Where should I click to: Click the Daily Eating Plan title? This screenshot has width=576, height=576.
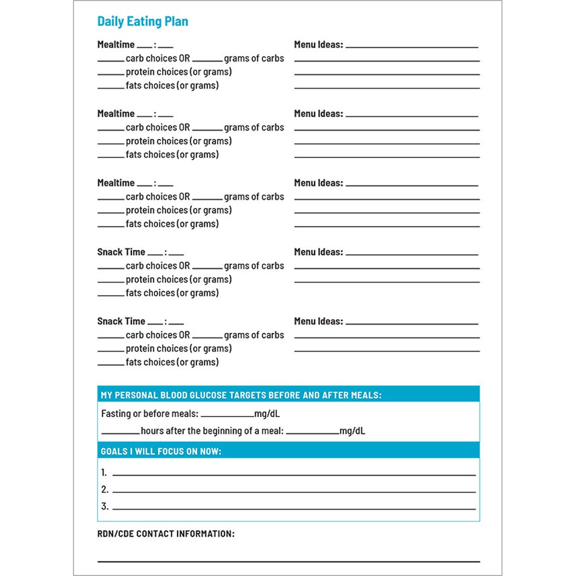pyautogui.click(x=143, y=22)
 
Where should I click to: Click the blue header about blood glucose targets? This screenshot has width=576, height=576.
pyautogui.click(x=241, y=395)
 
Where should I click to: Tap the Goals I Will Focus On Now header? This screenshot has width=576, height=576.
pyautogui.click(x=161, y=451)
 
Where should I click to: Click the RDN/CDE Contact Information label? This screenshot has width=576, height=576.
pyautogui.click(x=166, y=534)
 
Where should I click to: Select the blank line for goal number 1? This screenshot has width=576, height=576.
pyautogui.click(x=293, y=474)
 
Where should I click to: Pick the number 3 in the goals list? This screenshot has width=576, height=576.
pyautogui.click(x=104, y=507)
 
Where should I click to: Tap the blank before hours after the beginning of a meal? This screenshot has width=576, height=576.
pyautogui.click(x=120, y=433)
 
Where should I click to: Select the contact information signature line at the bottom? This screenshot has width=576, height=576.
pyautogui.click(x=288, y=561)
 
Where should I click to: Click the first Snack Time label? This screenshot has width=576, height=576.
pyautogui.click(x=121, y=252)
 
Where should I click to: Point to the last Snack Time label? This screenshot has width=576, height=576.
pyautogui.click(x=121, y=321)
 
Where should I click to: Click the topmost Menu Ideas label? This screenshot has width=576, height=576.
pyautogui.click(x=318, y=44)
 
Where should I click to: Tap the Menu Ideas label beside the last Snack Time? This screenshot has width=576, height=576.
pyautogui.click(x=318, y=321)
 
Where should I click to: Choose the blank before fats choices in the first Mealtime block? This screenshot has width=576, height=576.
pyautogui.click(x=111, y=88)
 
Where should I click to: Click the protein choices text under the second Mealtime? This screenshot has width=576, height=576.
pyautogui.click(x=178, y=141)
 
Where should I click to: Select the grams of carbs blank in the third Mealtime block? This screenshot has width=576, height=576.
pyautogui.click(x=207, y=200)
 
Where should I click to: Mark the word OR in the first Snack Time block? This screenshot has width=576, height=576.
pyautogui.click(x=184, y=266)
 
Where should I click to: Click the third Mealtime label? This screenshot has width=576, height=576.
pyautogui.click(x=116, y=183)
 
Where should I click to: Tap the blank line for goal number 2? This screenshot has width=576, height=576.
pyautogui.click(x=293, y=492)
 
